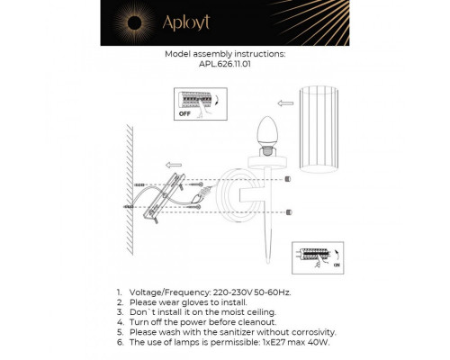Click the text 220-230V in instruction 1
[x=232, y=293]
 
